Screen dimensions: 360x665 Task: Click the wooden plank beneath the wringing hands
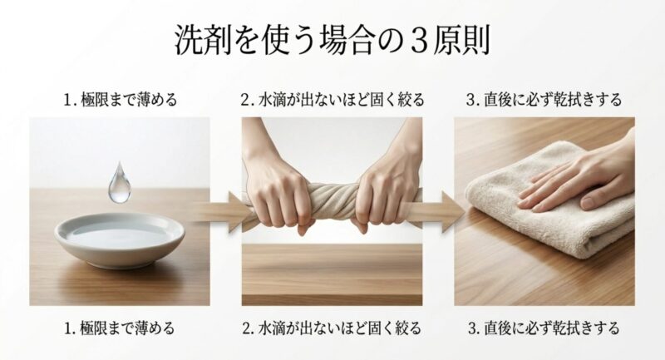click(332, 266)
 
